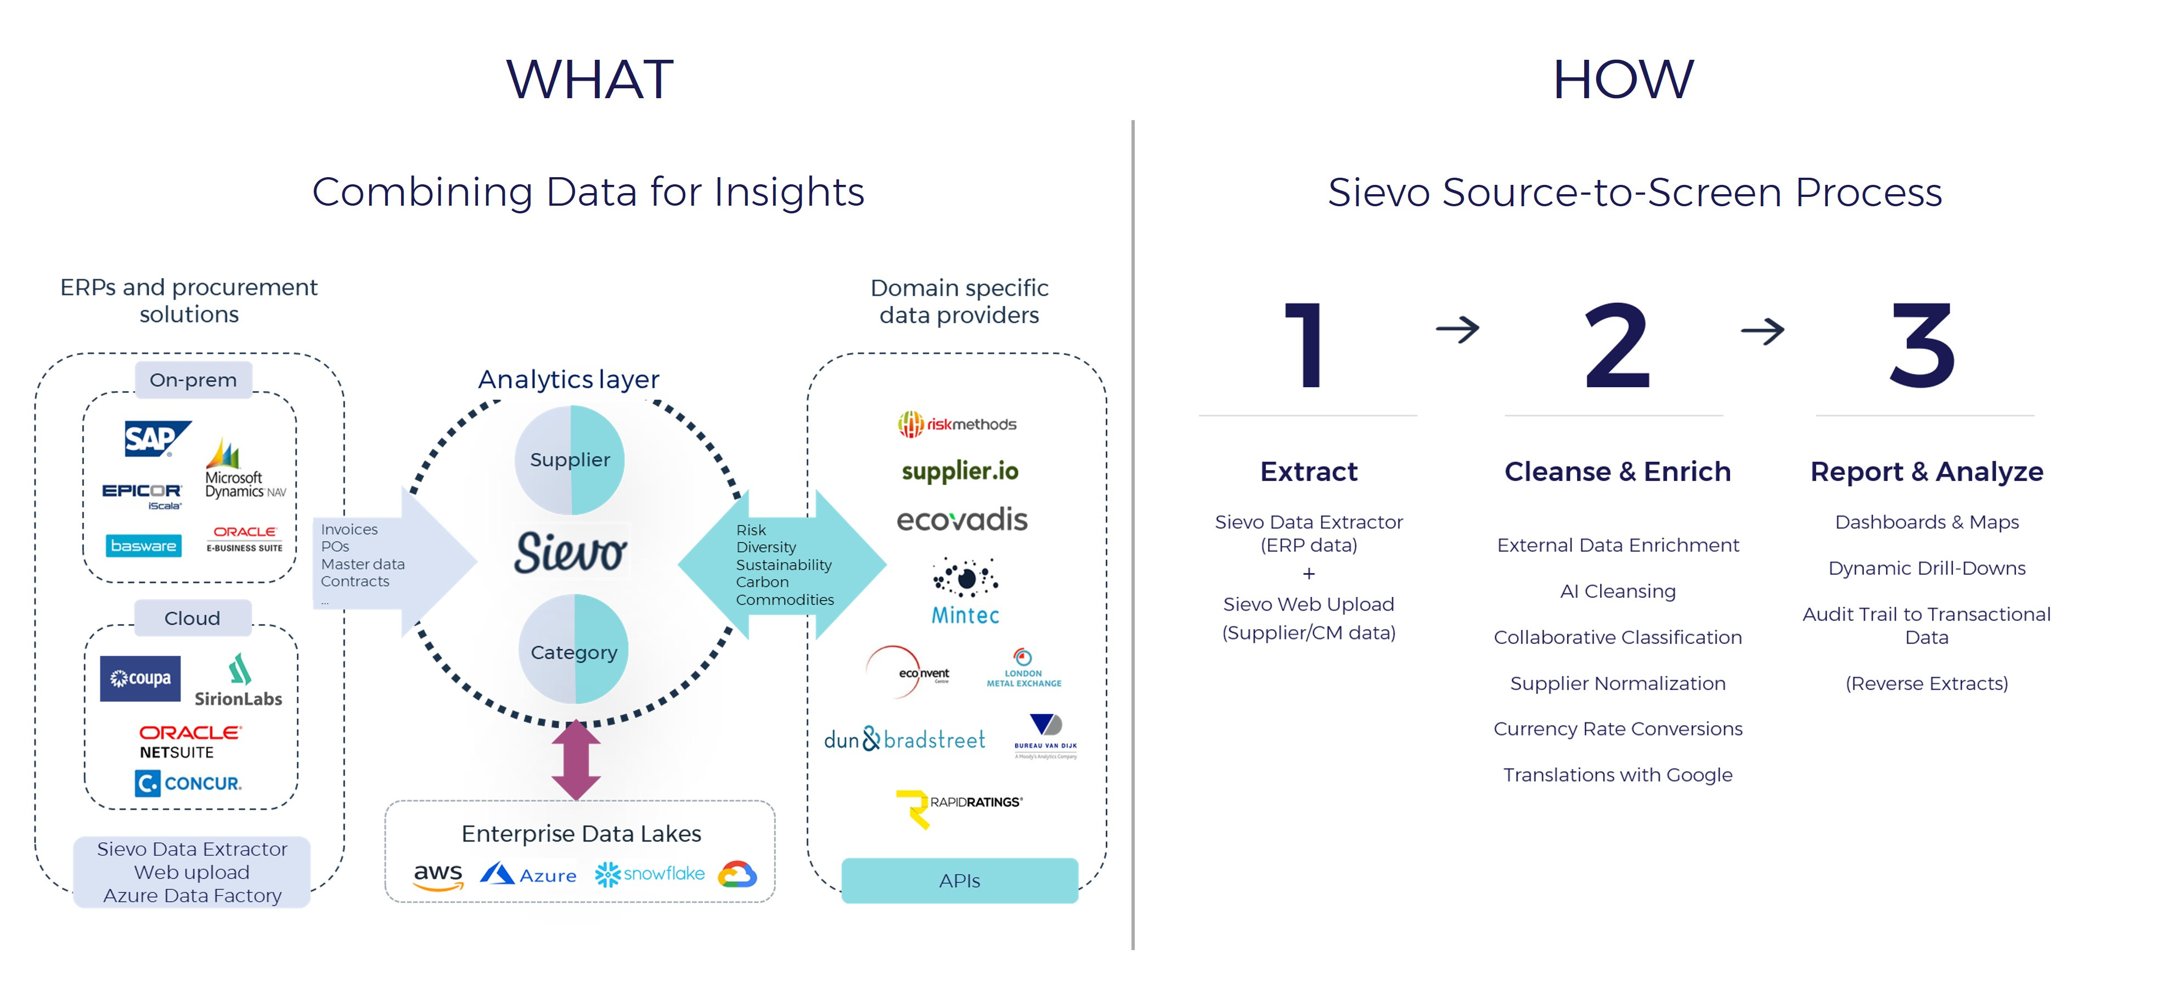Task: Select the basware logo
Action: click(143, 546)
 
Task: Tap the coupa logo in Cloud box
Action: click(140, 678)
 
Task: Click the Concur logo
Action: click(189, 783)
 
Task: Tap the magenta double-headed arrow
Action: click(576, 760)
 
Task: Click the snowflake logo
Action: click(650, 874)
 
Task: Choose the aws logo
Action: click(438, 875)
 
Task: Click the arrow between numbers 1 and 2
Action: click(1457, 329)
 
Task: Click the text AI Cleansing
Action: click(1617, 591)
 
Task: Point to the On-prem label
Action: click(193, 380)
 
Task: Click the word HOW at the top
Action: click(1622, 80)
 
